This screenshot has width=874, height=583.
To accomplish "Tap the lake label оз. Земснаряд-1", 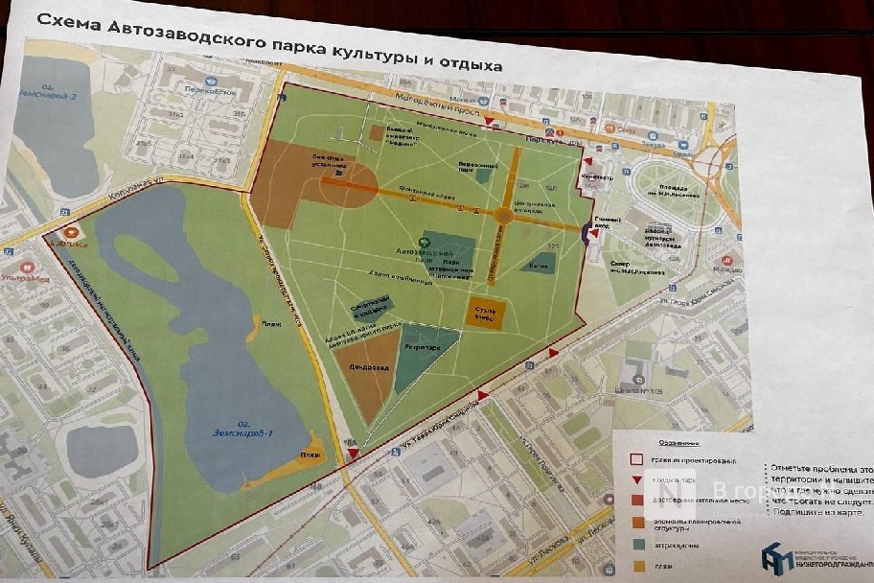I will [243, 433].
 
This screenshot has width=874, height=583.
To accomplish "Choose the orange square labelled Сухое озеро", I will [486, 312].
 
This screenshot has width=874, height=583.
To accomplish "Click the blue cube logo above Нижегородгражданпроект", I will [775, 556].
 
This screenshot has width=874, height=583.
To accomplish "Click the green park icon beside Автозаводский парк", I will [425, 241].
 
